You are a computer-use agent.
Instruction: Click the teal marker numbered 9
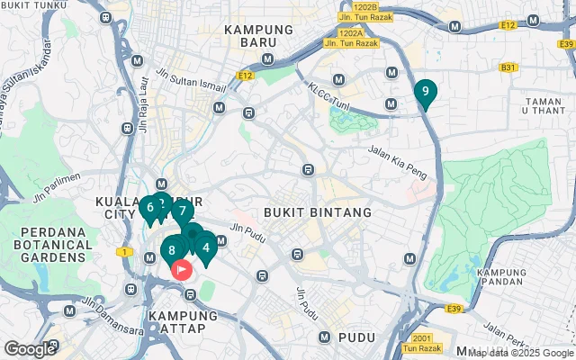(426, 92)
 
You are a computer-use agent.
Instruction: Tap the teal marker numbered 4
(206, 247)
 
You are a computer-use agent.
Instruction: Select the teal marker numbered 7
(182, 212)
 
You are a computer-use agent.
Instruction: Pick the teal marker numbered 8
(172, 249)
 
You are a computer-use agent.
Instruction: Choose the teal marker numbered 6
(149, 208)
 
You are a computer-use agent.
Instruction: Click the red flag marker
(182, 268)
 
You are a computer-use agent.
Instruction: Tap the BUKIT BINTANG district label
(318, 212)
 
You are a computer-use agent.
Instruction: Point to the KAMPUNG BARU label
(259, 30)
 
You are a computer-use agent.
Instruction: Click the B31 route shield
(509, 67)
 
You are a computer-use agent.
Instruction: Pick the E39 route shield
(454, 310)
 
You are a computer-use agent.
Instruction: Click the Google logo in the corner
(30, 348)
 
